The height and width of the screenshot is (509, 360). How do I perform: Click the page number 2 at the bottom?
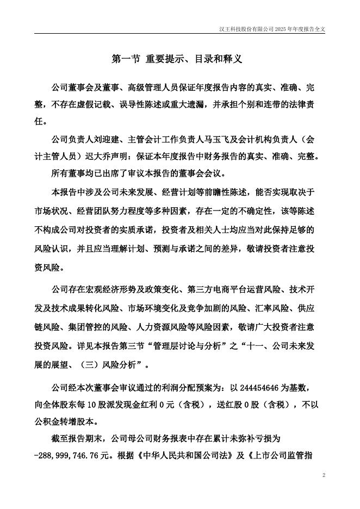324,475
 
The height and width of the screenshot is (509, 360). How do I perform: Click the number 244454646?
255,388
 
